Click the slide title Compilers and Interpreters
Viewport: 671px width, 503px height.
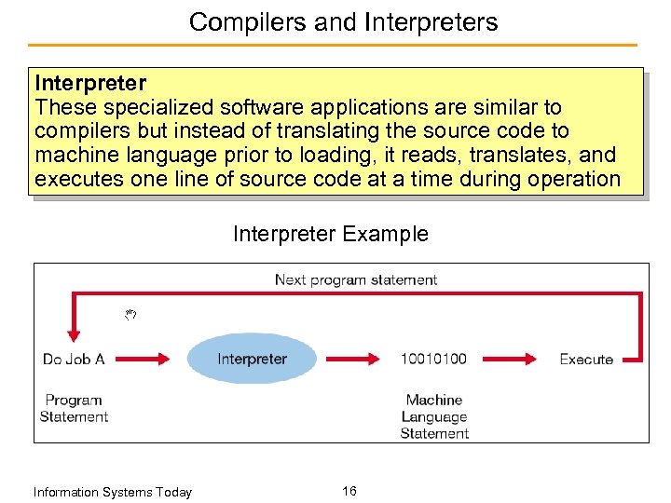pyautogui.click(x=343, y=21)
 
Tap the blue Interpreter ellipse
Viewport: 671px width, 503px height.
pyautogui.click(x=252, y=359)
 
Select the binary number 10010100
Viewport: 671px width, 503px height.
pyautogui.click(x=433, y=359)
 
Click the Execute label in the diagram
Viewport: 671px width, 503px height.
pyautogui.click(x=585, y=359)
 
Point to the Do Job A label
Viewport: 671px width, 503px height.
pyautogui.click(x=74, y=359)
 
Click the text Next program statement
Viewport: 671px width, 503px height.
pyautogui.click(x=355, y=279)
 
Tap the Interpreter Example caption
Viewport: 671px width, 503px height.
pyautogui.click(x=331, y=234)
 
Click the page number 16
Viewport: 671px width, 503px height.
pyautogui.click(x=349, y=491)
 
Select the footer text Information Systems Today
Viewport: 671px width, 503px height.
pyautogui.click(x=112, y=492)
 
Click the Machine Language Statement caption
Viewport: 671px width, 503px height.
pyautogui.click(x=434, y=416)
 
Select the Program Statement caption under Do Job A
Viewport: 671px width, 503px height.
pyautogui.click(x=74, y=408)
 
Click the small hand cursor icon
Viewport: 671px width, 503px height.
pyautogui.click(x=131, y=315)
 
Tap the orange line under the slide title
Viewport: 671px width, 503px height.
pyautogui.click(x=333, y=45)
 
